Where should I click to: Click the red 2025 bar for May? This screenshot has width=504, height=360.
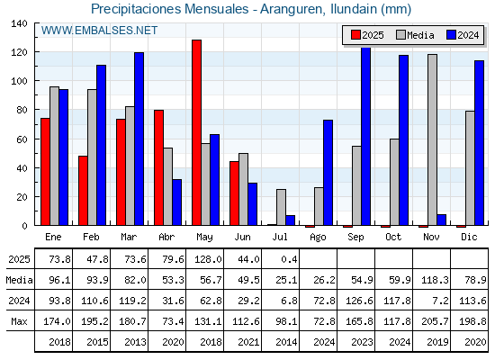click(x=197, y=132)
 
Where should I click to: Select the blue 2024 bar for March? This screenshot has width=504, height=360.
click(x=139, y=139)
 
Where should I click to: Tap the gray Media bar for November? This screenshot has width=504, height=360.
click(x=432, y=139)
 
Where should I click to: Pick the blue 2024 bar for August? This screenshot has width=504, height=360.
click(x=328, y=173)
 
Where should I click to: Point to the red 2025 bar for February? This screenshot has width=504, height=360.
click(x=83, y=191)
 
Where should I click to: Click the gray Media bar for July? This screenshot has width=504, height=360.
click(x=281, y=207)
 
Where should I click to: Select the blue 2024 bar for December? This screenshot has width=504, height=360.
click(x=479, y=143)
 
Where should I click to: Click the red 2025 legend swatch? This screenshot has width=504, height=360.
click(x=355, y=35)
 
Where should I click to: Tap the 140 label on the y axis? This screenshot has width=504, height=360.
click(x=20, y=23)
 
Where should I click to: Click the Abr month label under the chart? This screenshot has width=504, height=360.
click(x=166, y=237)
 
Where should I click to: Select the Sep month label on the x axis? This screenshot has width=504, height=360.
click(x=355, y=238)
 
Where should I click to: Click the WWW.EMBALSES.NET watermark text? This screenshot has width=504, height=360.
click(x=99, y=31)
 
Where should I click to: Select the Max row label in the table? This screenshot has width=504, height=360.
click(x=19, y=321)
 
